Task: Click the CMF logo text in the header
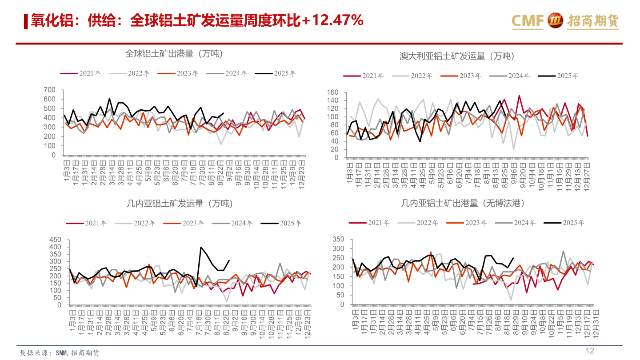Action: [528, 20]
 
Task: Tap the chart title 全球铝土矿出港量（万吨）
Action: [174, 54]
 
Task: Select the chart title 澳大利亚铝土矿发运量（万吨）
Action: [456, 56]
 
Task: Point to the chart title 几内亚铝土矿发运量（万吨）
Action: [180, 204]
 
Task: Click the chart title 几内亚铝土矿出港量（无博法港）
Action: [462, 203]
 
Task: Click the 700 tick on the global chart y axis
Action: [50, 90]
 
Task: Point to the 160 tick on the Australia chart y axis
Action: [332, 93]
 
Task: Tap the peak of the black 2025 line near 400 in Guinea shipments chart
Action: [201, 247]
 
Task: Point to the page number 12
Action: [589, 351]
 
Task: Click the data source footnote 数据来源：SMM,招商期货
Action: [60, 353]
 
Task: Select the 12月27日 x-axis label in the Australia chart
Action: [587, 176]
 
